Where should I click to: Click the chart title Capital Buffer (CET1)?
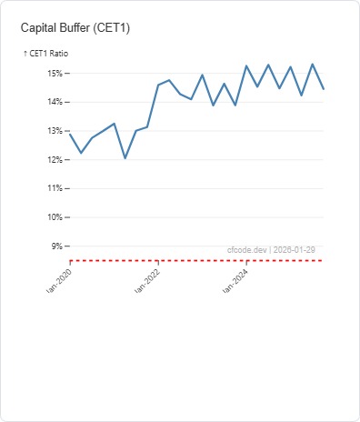[75, 28]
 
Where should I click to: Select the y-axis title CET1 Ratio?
[49, 54]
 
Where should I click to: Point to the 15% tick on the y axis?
[57, 73]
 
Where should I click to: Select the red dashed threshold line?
[195, 261]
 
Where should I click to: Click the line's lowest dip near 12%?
[125, 158]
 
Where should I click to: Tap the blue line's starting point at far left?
[70, 134]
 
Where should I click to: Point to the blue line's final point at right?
[324, 88]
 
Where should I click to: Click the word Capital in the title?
[38, 28]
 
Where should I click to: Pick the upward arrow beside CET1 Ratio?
[25, 54]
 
